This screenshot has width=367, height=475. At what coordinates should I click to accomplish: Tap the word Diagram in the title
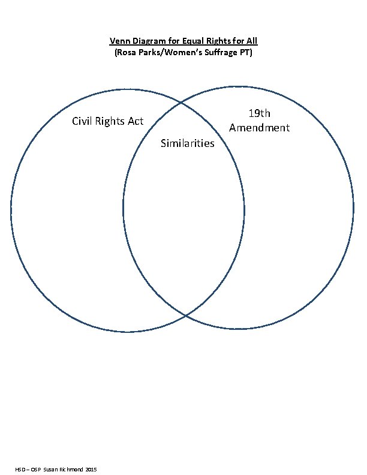pyautogui.click(x=147, y=41)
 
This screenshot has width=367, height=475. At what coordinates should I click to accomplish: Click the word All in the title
pyautogui.click(x=252, y=41)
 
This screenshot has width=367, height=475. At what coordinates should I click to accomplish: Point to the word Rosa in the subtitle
pyautogui.click(x=127, y=53)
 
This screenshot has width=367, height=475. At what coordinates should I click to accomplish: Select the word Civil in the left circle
pyautogui.click(x=82, y=121)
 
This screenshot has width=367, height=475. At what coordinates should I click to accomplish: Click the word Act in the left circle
pyautogui.click(x=136, y=121)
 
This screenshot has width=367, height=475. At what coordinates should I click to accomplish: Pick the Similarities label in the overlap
pyautogui.click(x=188, y=143)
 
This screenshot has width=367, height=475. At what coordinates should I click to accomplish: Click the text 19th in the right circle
pyautogui.click(x=260, y=114)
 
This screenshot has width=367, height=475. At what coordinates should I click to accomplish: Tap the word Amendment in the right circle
pyautogui.click(x=260, y=128)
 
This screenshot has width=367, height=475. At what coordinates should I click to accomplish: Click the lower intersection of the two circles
pyautogui.click(x=185, y=315)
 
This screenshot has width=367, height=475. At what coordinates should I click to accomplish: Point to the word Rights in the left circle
pyautogui.click(x=110, y=121)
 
